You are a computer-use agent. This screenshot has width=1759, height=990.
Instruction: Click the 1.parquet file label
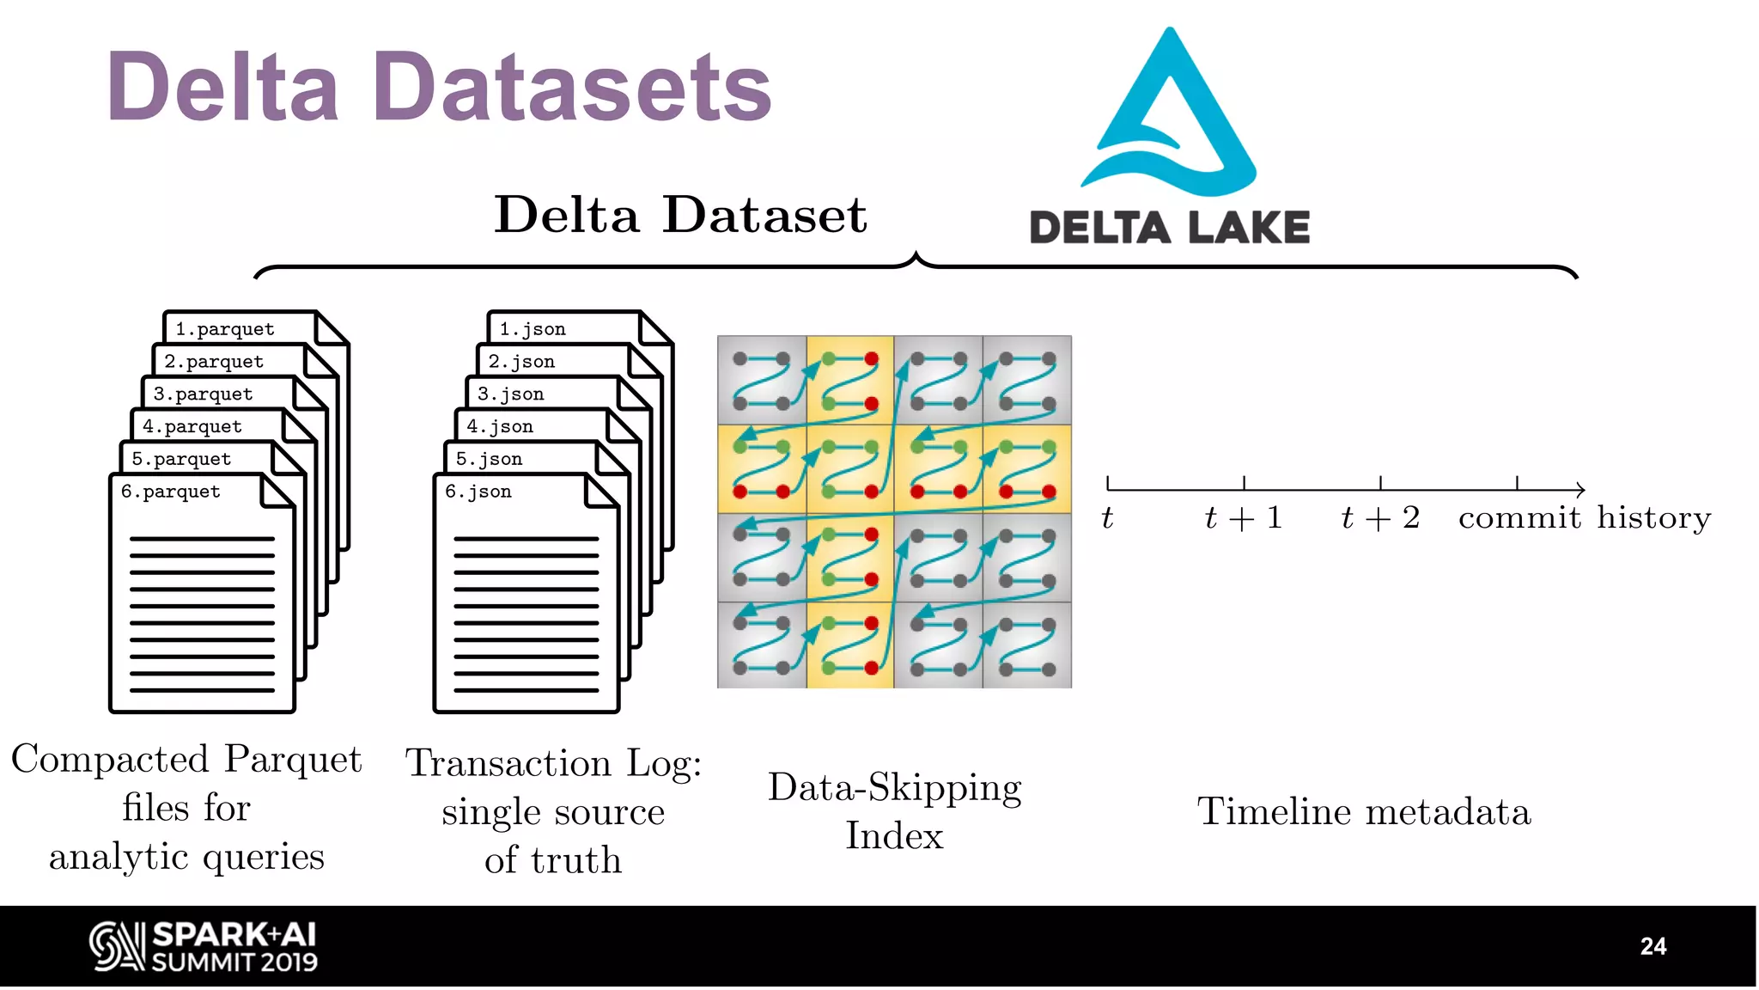click(225, 329)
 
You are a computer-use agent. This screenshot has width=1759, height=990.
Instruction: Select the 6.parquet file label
click(171, 492)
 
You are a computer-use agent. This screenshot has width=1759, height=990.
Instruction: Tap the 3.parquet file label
click(204, 394)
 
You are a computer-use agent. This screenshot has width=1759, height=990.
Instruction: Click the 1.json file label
click(533, 329)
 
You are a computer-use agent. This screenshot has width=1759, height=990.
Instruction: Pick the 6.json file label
click(478, 492)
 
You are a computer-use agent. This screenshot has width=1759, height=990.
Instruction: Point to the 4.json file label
click(500, 426)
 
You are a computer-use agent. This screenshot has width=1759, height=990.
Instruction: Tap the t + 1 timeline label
click(1243, 518)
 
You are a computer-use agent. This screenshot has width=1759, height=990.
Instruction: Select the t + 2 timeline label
click(1380, 518)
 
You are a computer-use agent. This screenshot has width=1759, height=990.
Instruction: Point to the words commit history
click(1585, 518)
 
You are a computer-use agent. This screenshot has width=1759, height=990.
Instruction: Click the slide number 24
click(1652, 946)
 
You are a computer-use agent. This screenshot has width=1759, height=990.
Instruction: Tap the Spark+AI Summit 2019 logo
click(204, 946)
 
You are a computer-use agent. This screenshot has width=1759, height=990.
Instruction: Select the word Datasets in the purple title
click(573, 88)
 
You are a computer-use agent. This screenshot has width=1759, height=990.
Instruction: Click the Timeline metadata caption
click(1364, 812)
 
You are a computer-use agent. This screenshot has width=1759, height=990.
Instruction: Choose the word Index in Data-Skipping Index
click(894, 836)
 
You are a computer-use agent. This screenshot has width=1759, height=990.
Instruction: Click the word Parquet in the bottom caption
click(293, 760)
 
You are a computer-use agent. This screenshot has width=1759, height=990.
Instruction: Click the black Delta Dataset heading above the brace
click(680, 214)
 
